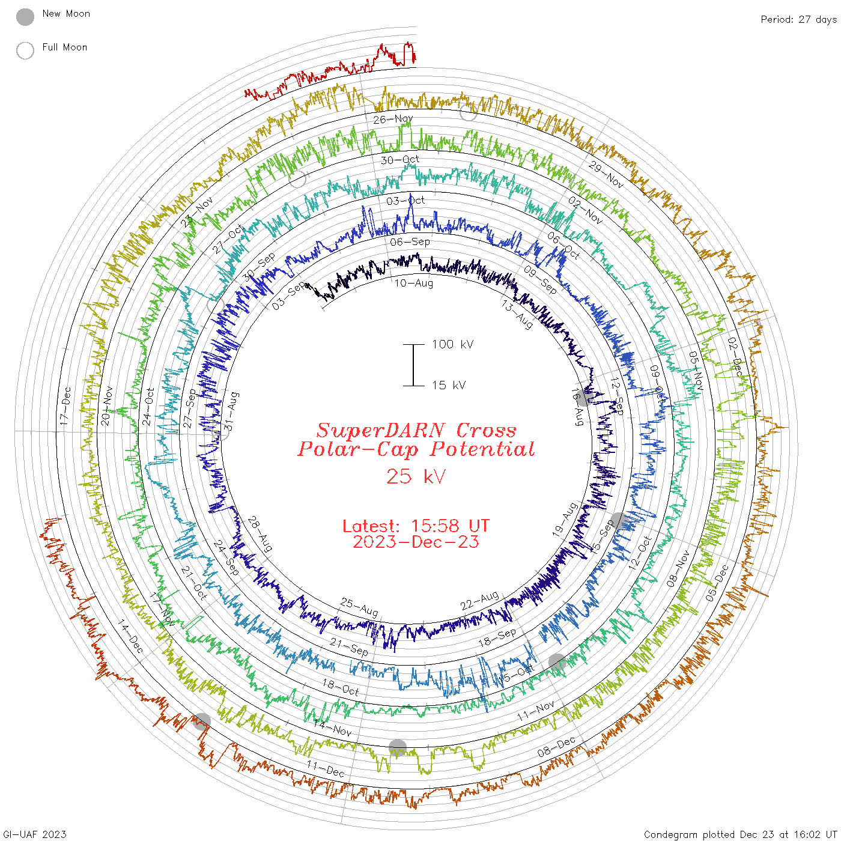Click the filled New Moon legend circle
(25, 17)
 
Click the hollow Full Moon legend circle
(25, 50)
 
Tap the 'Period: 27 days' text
(798, 20)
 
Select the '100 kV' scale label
(452, 344)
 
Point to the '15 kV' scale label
(449, 385)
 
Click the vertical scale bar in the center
(413, 365)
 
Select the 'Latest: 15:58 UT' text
(416, 526)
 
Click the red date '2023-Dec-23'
(416, 542)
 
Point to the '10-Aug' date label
(414, 283)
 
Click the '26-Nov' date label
(393, 119)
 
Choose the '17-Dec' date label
(65, 407)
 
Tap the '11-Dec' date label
(326, 768)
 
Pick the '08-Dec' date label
(556, 747)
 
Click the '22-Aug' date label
(480, 600)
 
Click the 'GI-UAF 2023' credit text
(34, 834)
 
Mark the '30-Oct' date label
(400, 160)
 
